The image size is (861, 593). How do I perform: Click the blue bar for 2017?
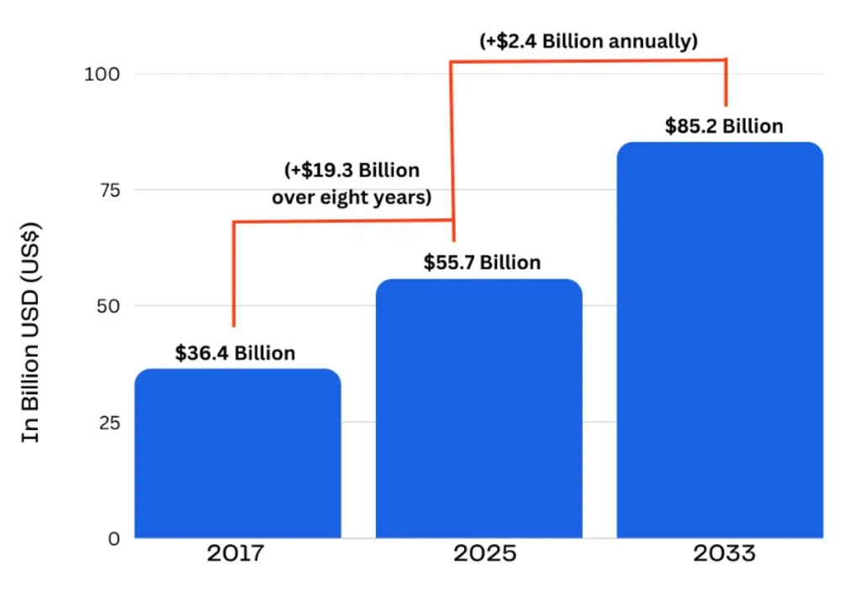pos(238,454)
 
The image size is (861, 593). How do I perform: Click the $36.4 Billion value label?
pos(235,353)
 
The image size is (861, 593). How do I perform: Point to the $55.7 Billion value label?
pos(482,263)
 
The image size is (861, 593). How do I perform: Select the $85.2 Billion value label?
pos(724,126)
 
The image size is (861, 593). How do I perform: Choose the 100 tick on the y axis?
pos(103,74)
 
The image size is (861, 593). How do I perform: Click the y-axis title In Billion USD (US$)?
pos(32,332)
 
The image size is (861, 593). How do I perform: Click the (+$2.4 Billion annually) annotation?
pos(588,41)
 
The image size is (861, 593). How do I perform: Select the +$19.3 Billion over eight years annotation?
pos(351,184)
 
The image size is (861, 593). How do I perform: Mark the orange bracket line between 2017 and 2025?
pos(336,221)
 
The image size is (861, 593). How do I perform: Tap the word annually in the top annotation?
pos(653,41)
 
